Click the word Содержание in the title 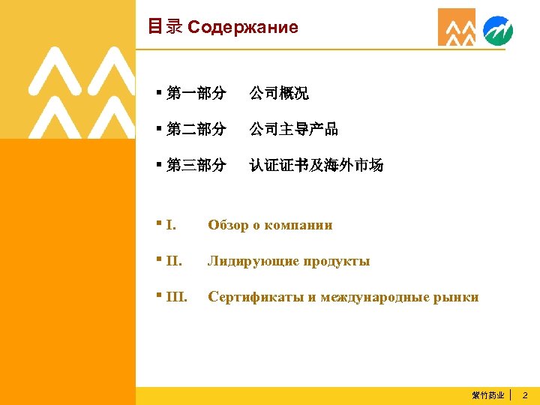242,28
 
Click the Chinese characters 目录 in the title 165,27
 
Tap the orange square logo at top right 456,28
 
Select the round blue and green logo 498,31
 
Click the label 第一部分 196,94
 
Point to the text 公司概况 279,94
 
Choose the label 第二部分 196,129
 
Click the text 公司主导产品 294,129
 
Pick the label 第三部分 196,165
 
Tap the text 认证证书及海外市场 316,165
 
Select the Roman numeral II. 173,261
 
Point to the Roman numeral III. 176,297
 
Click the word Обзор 228,225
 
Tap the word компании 300,225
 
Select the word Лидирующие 253,261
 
